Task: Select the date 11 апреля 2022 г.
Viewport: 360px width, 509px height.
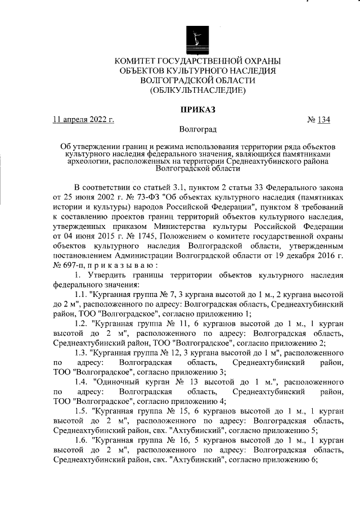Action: point(83,119)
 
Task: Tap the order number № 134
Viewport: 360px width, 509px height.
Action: point(318,119)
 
